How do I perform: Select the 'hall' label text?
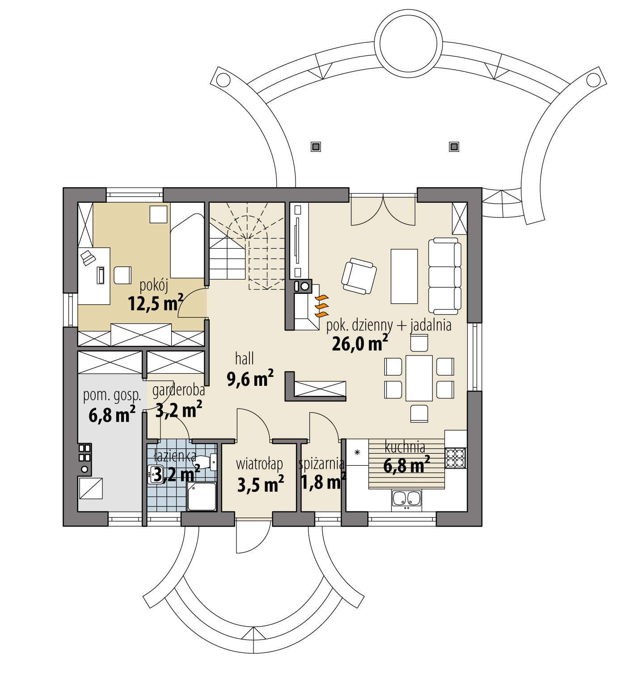click(x=245, y=359)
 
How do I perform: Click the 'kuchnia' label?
click(x=405, y=447)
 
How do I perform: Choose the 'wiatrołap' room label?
click(x=259, y=464)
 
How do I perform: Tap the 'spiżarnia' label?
click(x=321, y=464)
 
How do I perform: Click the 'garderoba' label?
click(x=178, y=390)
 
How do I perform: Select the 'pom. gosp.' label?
click(x=112, y=395)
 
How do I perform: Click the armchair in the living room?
click(x=359, y=276)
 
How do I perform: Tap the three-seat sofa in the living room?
click(x=445, y=276)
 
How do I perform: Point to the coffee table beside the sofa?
click(x=404, y=276)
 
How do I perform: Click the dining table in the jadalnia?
click(x=419, y=378)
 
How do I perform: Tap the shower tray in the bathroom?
click(x=202, y=496)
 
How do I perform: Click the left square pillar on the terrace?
click(x=316, y=146)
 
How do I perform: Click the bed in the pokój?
click(x=187, y=246)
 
